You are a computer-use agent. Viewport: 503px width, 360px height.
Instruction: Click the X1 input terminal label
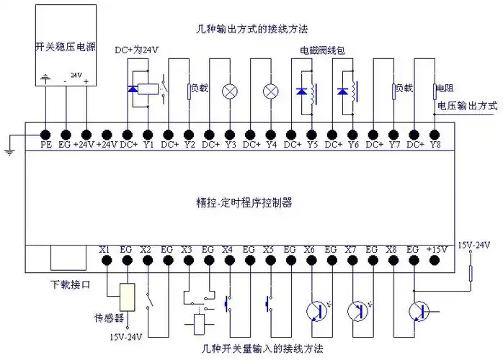105,250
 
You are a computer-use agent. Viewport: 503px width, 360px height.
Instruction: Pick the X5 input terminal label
269,250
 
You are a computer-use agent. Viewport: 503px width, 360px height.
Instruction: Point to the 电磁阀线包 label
322,52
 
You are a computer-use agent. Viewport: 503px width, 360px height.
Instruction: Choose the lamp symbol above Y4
271,91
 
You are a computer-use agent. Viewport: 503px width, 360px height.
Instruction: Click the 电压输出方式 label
467,105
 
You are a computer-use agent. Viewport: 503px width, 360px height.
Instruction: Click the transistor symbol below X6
316,311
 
